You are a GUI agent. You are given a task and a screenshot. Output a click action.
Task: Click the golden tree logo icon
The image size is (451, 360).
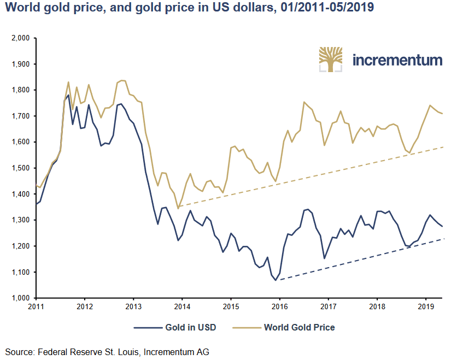tap(331, 60)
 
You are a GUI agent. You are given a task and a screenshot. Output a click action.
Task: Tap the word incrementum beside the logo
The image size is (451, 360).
tap(397, 60)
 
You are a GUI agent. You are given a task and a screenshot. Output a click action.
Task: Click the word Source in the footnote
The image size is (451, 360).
tap(19, 352)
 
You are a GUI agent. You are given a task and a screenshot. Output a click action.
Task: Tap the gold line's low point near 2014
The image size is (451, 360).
tap(178, 208)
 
